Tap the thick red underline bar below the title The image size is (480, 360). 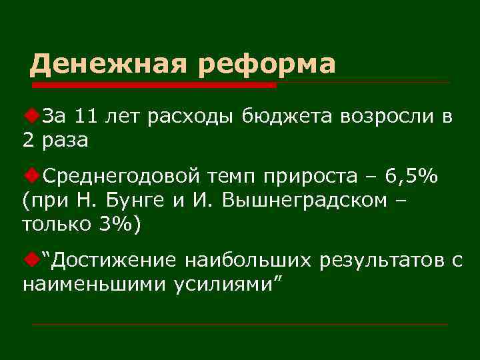(x=153, y=85)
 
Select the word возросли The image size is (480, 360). (x=387, y=117)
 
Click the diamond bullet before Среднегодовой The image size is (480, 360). (x=31, y=175)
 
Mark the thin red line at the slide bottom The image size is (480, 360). (x=240, y=325)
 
